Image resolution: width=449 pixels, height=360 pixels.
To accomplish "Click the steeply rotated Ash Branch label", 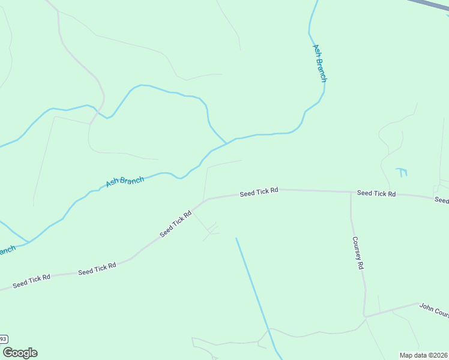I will click(320, 63).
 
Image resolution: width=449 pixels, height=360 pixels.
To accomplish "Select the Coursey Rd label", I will click(358, 253).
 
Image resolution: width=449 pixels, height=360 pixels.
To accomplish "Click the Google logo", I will click(20, 353).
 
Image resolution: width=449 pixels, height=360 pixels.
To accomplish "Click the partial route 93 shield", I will click(3, 340).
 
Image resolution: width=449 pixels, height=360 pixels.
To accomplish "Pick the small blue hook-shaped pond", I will click(402, 172).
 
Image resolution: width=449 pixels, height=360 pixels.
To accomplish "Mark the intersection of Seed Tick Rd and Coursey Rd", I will click(351, 193).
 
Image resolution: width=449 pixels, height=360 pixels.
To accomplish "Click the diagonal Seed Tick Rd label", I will click(175, 224).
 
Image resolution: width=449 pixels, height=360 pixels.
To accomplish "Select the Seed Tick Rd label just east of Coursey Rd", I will click(376, 193).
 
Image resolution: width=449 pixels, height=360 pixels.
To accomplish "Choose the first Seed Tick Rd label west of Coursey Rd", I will click(259, 192).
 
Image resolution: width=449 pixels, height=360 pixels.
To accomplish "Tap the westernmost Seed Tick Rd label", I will click(32, 280).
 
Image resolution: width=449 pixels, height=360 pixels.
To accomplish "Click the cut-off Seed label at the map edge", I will click(442, 200).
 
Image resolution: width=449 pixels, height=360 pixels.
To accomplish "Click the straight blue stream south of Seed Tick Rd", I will click(255, 288).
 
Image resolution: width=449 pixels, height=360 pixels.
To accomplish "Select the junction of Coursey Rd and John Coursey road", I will click(364, 316).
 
